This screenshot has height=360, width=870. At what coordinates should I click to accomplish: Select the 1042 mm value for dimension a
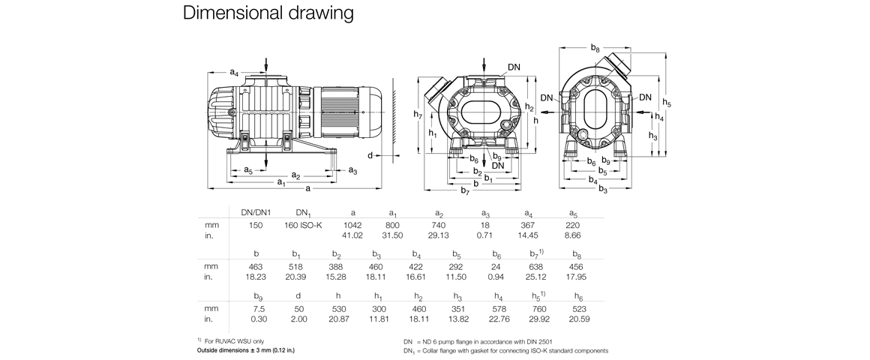point(353,224)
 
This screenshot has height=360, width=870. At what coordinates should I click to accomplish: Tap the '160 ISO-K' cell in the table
point(304,224)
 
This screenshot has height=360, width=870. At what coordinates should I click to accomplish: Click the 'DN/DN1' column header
point(256,213)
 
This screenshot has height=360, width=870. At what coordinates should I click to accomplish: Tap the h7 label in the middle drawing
point(418,114)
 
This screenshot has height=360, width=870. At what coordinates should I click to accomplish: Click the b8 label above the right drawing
point(594,48)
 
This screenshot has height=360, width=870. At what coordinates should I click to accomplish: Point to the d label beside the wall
point(370,155)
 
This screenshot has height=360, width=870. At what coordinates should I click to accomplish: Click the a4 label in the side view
point(234,73)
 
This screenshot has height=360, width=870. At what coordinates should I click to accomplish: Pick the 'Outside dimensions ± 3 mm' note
point(247,351)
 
